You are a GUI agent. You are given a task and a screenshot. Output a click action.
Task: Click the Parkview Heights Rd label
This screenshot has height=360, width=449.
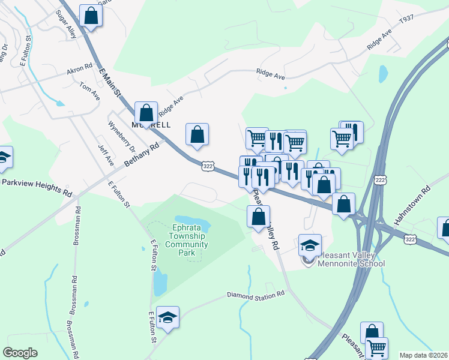(x=37, y=188)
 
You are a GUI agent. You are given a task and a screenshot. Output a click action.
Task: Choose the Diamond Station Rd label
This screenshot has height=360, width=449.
(x=255, y=295)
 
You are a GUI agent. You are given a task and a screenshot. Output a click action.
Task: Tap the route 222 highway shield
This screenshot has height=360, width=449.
(x=379, y=180)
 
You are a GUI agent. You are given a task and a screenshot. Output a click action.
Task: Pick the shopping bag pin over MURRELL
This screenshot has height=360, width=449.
(x=146, y=112)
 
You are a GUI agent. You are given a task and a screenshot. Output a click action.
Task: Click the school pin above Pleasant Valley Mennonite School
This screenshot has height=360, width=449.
(x=310, y=245)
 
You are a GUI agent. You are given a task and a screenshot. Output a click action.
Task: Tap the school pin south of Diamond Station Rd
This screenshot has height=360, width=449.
(x=168, y=317)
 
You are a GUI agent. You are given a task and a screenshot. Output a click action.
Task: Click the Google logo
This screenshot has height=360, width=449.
(x=20, y=353)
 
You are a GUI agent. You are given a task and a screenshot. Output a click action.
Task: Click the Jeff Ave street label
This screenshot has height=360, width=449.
(x=106, y=153)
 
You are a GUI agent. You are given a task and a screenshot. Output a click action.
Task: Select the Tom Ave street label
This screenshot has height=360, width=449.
(x=89, y=91)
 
